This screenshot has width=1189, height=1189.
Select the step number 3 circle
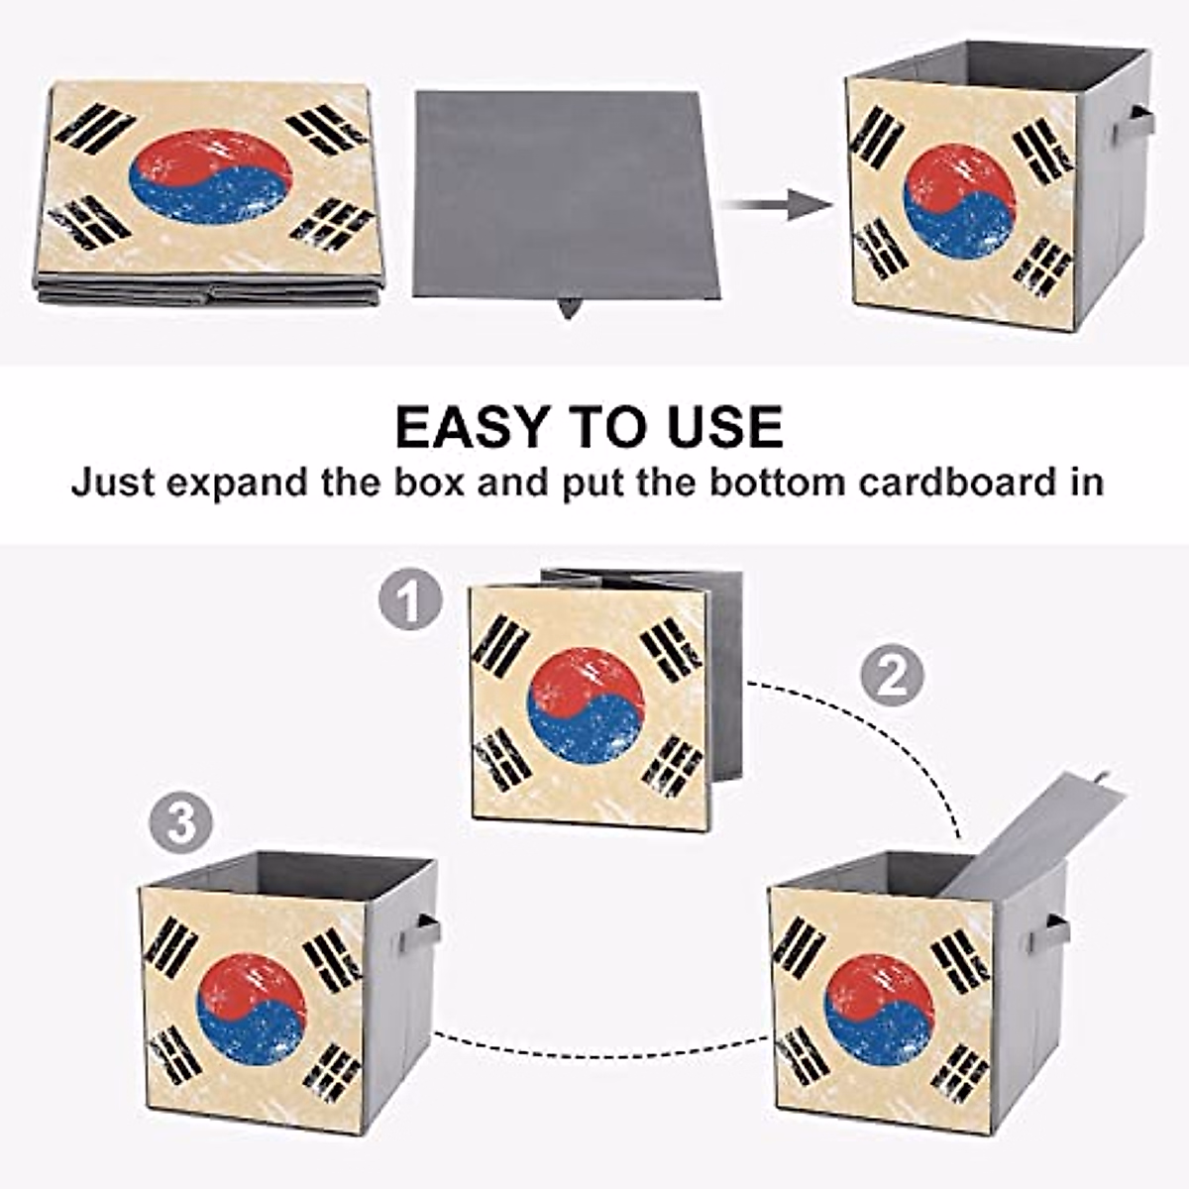(181, 823)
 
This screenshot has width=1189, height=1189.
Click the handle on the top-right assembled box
(1133, 124)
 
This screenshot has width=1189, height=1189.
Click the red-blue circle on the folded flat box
(210, 176)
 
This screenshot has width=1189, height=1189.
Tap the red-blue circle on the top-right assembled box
(959, 202)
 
